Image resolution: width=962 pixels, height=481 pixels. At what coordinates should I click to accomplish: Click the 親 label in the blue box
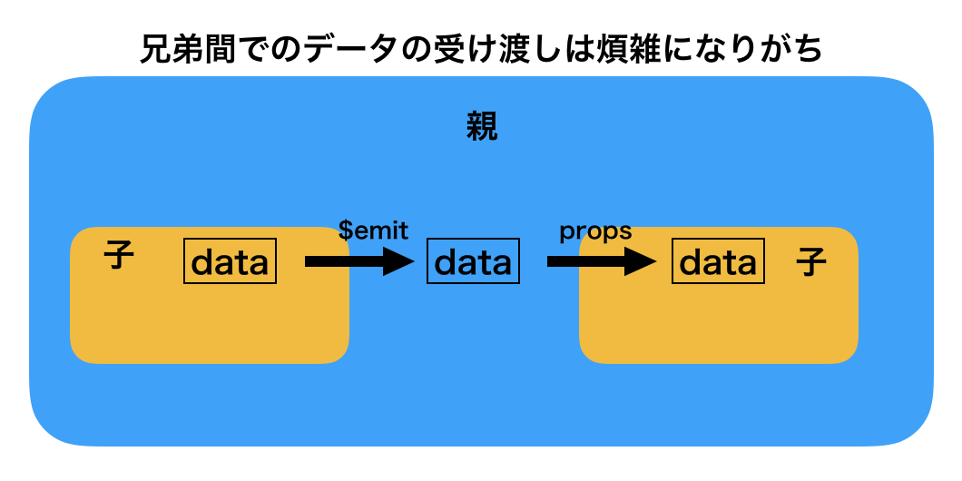(x=481, y=127)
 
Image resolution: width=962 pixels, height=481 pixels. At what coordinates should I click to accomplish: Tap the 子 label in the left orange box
(x=119, y=255)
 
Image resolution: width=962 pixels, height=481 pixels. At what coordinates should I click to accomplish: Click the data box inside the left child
(x=231, y=261)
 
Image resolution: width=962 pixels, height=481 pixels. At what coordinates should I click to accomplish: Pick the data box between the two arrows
(x=473, y=261)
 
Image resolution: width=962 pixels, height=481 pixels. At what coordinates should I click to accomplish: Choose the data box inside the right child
(x=718, y=261)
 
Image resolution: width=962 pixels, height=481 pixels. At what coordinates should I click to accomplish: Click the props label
(x=595, y=231)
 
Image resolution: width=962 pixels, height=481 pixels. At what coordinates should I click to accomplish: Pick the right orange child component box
(x=718, y=318)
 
